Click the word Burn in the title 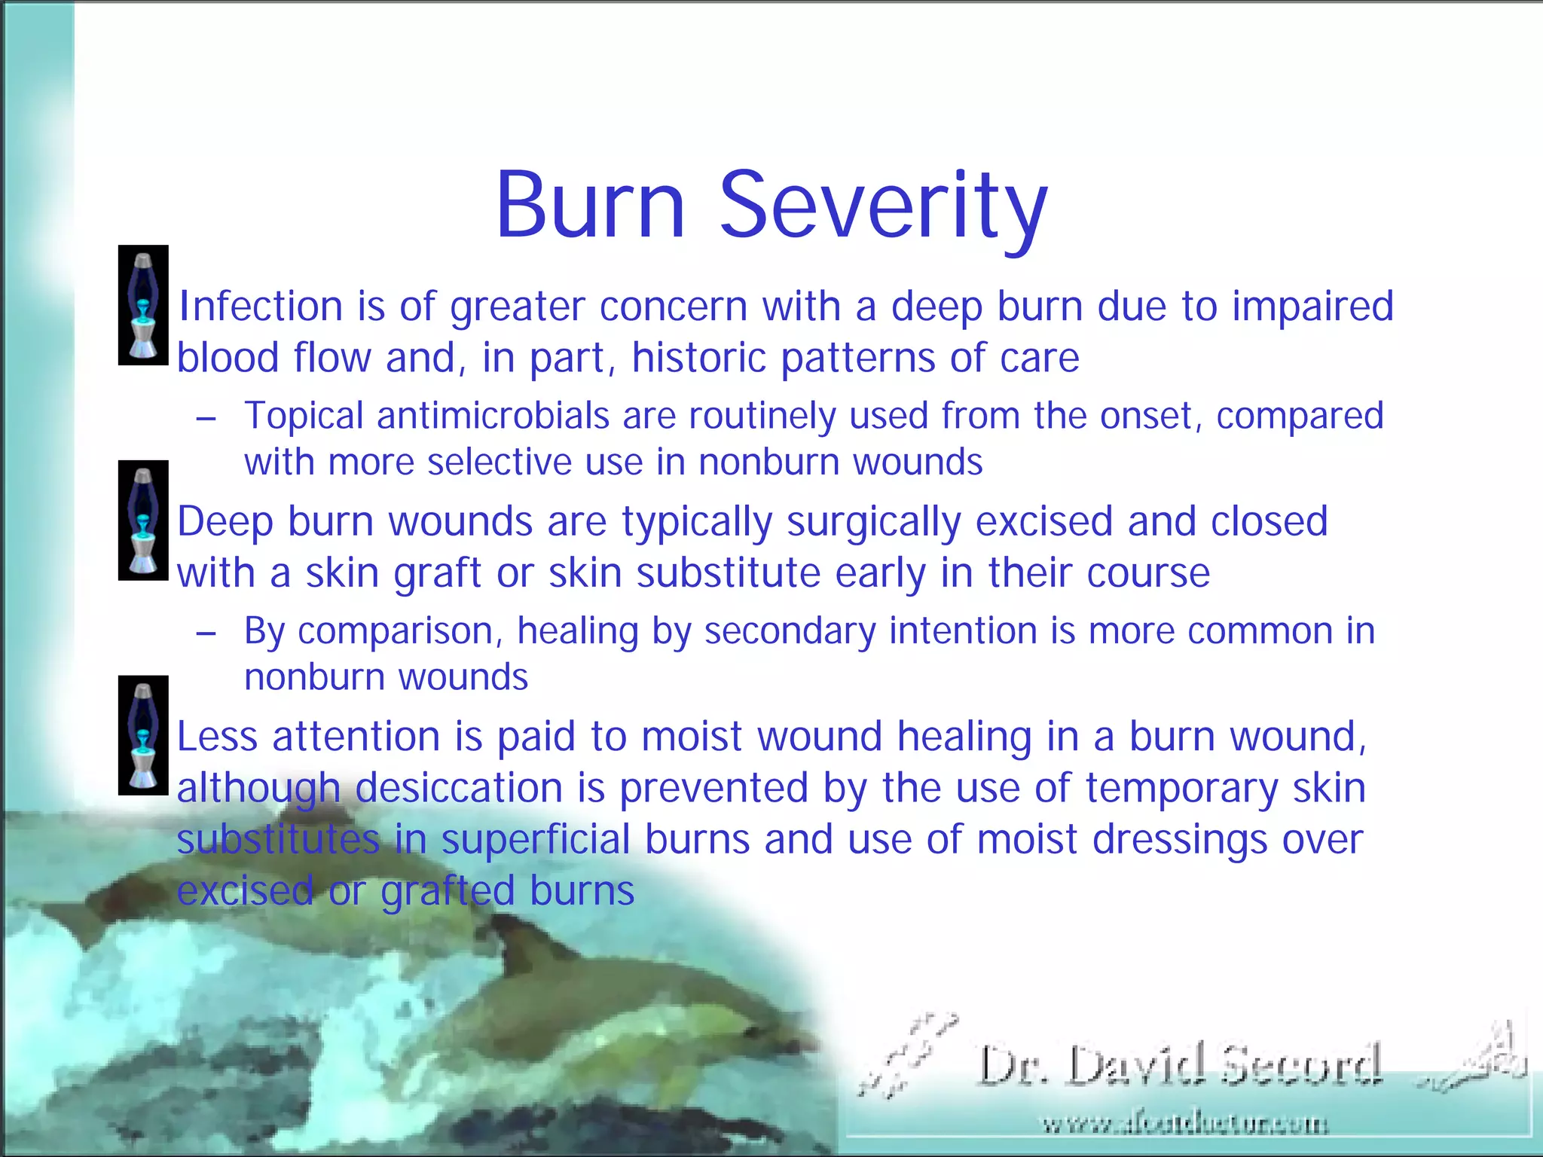tap(590, 205)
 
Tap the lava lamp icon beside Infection tap(143, 305)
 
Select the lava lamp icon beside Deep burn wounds tap(143, 520)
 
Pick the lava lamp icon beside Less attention tap(143, 735)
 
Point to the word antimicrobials tap(493, 416)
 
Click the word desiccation tap(458, 789)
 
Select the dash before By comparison tap(206, 633)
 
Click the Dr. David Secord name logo tap(1180, 1066)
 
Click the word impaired tap(1312, 307)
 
